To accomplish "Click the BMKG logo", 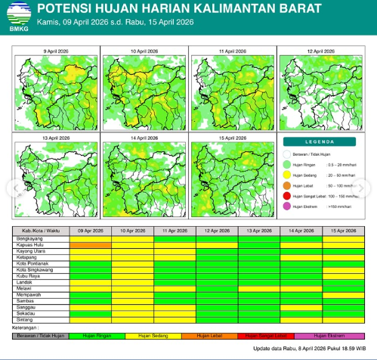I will [16, 15].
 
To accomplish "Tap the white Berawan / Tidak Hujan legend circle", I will [287, 153].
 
